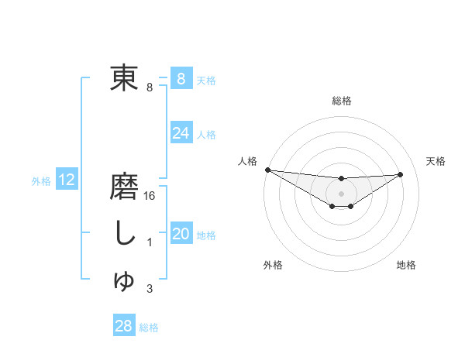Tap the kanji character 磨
click(x=124, y=188)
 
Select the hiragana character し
click(x=124, y=234)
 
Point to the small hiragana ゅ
click(x=124, y=281)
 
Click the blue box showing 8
click(x=181, y=78)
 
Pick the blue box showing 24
click(x=181, y=133)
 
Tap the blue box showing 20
click(x=181, y=234)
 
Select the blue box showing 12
click(x=67, y=180)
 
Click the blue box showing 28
click(x=123, y=326)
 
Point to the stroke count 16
click(x=150, y=197)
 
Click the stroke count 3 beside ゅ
click(x=150, y=289)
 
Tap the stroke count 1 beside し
click(x=150, y=243)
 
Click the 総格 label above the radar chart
click(x=341, y=101)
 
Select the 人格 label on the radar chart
click(x=248, y=161)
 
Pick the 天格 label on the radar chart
click(x=436, y=161)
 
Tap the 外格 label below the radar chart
click(x=273, y=265)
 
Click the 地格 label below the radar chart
click(x=406, y=265)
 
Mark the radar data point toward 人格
click(x=267, y=170)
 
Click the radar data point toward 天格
click(x=401, y=174)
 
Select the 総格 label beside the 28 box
click(x=149, y=328)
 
